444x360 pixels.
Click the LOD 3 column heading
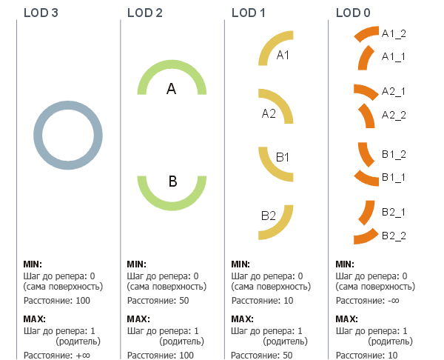(x=41, y=12)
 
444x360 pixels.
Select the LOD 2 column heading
(x=144, y=12)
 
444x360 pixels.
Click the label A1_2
(x=394, y=33)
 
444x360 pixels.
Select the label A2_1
(x=394, y=91)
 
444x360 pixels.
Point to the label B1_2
(x=394, y=153)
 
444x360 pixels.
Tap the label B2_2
(x=394, y=236)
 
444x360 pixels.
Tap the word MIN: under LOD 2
(x=136, y=264)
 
